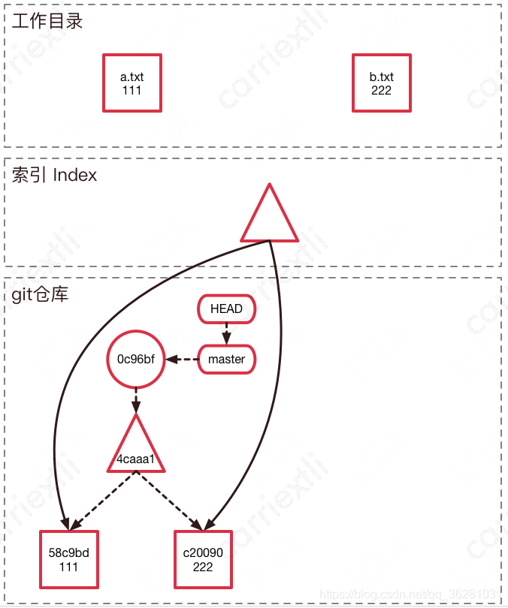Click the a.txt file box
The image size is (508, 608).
pyautogui.click(x=132, y=83)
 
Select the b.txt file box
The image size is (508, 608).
pyautogui.click(x=381, y=83)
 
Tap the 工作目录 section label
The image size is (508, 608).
pyautogui.click(x=47, y=21)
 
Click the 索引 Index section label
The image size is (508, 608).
pyautogui.click(x=54, y=176)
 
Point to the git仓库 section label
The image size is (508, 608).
pyautogui.click(x=40, y=294)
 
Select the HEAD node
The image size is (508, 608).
pyautogui.click(x=226, y=309)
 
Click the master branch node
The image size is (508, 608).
pyautogui.click(x=226, y=360)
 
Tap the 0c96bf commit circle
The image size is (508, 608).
pyautogui.click(x=136, y=360)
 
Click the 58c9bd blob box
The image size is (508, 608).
pyautogui.click(x=68, y=559)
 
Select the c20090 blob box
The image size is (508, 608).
pyautogui.click(x=203, y=559)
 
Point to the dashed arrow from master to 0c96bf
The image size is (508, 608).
pyautogui.click(x=182, y=360)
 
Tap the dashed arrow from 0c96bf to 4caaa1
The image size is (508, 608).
pyautogui.click(x=136, y=400)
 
